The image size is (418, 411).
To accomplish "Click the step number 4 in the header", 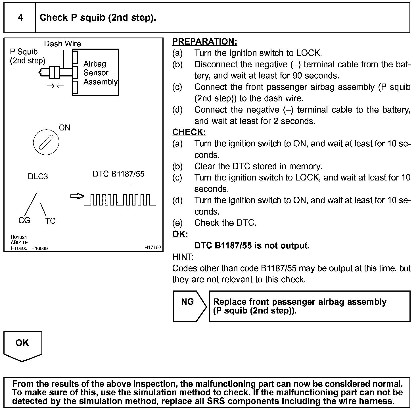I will pyautogui.click(x=20, y=18).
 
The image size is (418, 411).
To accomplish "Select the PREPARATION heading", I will pyautogui.click(x=204, y=41).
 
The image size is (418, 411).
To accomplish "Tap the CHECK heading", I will pyautogui.click(x=189, y=132).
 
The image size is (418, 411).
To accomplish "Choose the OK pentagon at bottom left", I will pyautogui.click(x=22, y=345).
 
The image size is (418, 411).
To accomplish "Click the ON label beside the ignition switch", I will pyautogui.click(x=64, y=128).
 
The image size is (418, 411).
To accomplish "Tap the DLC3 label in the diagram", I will pyautogui.click(x=38, y=177).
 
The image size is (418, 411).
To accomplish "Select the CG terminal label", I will pyautogui.click(x=24, y=220).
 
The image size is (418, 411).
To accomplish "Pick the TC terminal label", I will pyautogui.click(x=50, y=221).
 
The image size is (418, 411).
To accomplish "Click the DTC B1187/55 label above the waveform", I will pyautogui.click(x=118, y=174).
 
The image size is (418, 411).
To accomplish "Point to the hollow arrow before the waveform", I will pyautogui.click(x=77, y=196).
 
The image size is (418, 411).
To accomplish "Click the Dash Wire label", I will pyautogui.click(x=62, y=44).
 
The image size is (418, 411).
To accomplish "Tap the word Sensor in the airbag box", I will pyautogui.click(x=96, y=73).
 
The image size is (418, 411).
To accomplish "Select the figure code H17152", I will pyautogui.click(x=152, y=248).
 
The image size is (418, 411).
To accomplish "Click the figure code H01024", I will pyautogui.click(x=19, y=237).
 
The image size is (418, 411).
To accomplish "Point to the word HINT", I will pyautogui.click(x=183, y=257).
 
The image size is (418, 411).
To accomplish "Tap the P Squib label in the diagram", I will pyautogui.click(x=24, y=52).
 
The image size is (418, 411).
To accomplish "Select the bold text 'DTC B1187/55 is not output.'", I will pyautogui.click(x=252, y=246).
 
